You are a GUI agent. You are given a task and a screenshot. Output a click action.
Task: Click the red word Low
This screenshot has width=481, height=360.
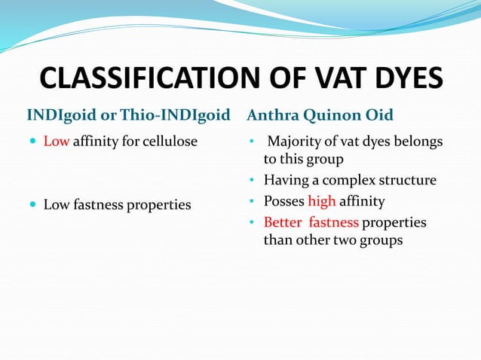[56, 142]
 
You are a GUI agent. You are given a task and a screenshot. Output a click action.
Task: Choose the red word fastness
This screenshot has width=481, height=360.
[334, 222]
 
